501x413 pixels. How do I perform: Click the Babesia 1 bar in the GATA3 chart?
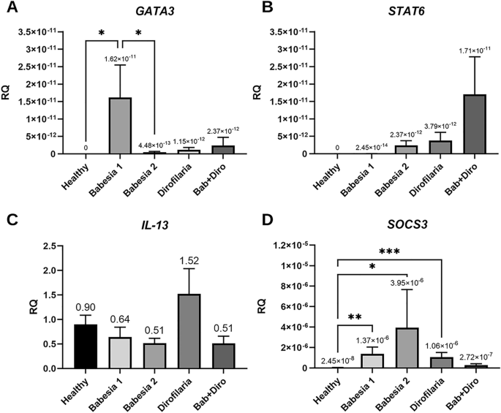pyautogui.click(x=120, y=125)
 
